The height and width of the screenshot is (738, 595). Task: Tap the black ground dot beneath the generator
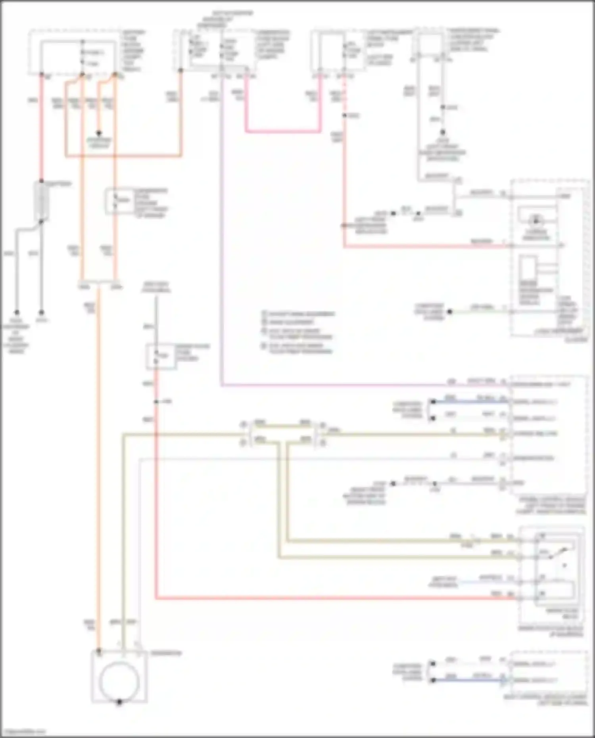coord(119,702)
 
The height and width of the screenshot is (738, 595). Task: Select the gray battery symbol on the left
coord(41,201)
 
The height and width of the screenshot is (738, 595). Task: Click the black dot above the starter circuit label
coord(99,133)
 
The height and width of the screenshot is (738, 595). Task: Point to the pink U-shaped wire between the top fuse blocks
coord(282,131)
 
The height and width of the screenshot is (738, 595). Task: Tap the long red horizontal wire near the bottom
coord(333,598)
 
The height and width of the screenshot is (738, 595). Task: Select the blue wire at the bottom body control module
coord(468,680)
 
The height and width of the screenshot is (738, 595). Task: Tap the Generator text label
coord(166,653)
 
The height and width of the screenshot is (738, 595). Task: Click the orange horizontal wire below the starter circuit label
coord(123,156)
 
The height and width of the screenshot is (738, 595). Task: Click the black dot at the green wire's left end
coord(450,312)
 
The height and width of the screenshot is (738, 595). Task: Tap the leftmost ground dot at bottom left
coord(17,312)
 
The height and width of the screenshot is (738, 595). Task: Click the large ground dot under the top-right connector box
coord(443,133)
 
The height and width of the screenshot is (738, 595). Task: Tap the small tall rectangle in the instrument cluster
coord(528,268)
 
